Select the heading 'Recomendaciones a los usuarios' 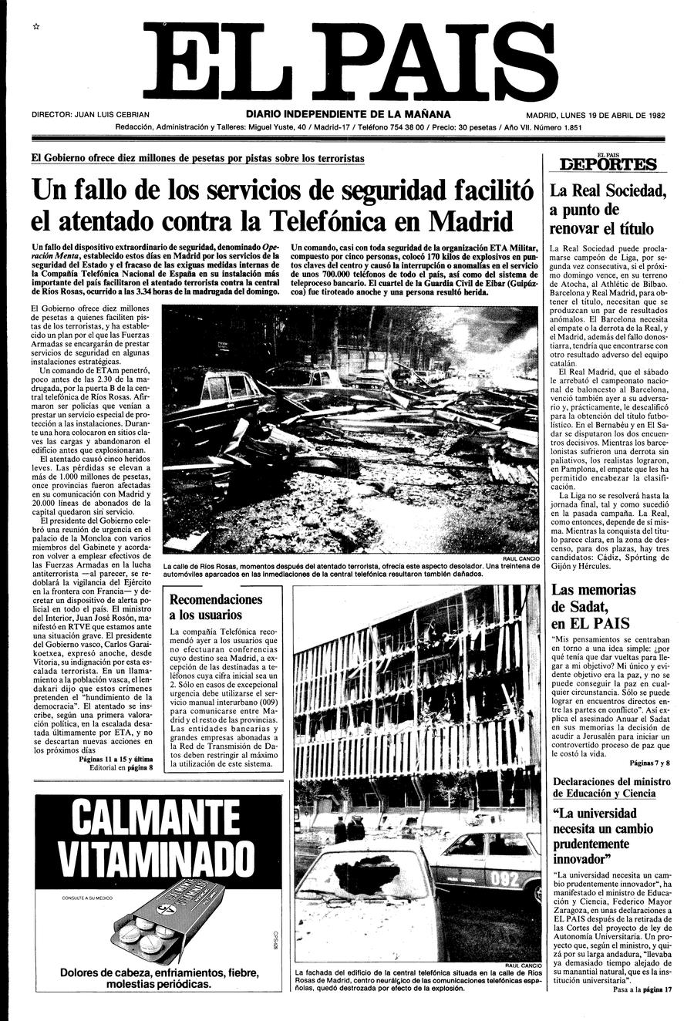[x=216, y=607]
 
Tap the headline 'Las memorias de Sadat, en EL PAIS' [x=595, y=606]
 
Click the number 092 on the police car [x=505, y=878]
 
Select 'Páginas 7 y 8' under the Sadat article [x=649, y=763]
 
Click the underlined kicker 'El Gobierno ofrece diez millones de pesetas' [x=197, y=158]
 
